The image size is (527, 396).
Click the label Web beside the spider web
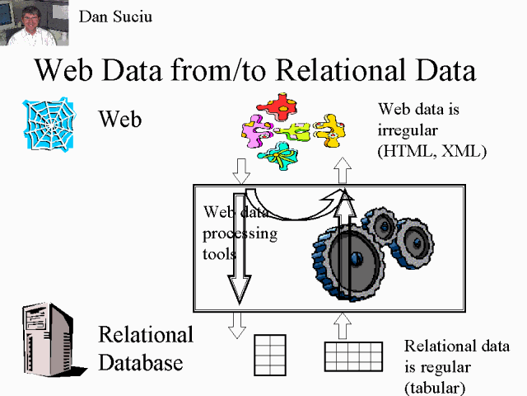(x=120, y=119)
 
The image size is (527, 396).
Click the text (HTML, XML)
(x=421, y=151)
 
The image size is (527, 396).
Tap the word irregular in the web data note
(x=409, y=130)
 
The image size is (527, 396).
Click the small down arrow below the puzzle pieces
(x=241, y=172)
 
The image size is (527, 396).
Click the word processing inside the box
(x=240, y=233)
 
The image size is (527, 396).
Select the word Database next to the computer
(x=141, y=362)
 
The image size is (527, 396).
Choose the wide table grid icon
(x=354, y=356)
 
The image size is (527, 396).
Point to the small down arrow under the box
(x=237, y=324)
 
